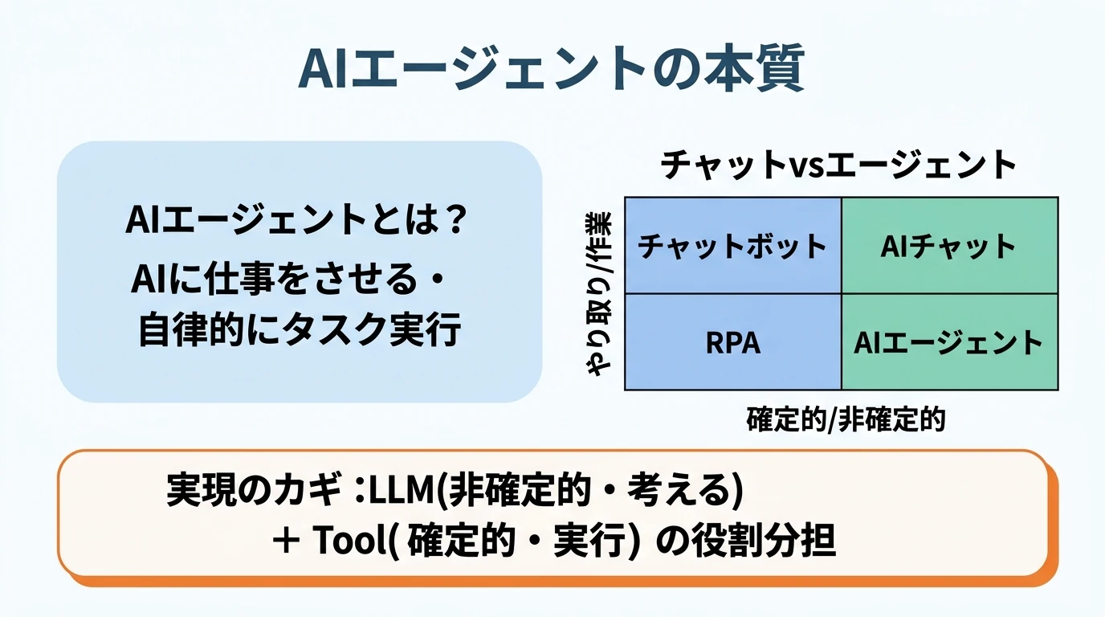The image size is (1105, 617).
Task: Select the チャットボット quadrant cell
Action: click(x=732, y=246)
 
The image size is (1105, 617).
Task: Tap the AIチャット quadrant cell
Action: click(x=948, y=246)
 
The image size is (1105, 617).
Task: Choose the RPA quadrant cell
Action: click(x=732, y=343)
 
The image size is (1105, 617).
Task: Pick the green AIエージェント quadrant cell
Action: click(x=948, y=343)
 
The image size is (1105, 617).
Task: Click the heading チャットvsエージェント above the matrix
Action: click(x=839, y=165)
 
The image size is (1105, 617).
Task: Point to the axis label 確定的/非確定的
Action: click(x=846, y=419)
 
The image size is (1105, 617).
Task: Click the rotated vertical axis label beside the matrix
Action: click(x=599, y=294)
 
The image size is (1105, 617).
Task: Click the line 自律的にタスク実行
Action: click(x=299, y=330)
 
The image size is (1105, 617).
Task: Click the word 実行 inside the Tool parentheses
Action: click(x=590, y=542)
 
